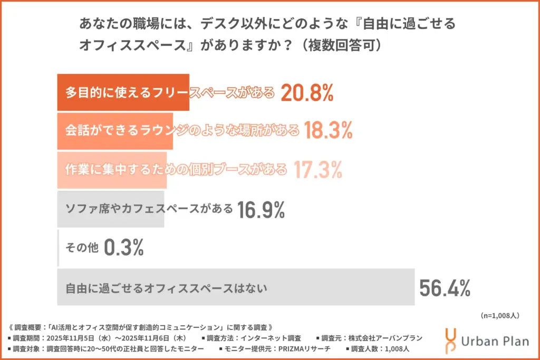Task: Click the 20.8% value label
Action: pyautogui.click(x=306, y=93)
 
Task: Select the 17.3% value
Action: pyautogui.click(x=318, y=170)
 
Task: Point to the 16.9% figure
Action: pyautogui.click(x=261, y=209)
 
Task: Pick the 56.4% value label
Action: pyautogui.click(x=445, y=288)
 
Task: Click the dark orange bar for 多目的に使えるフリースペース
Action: pyautogui.click(x=123, y=93)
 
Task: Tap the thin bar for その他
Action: pyautogui.click(x=58, y=248)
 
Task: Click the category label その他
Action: pyautogui.click(x=82, y=248)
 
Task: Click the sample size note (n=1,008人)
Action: pyautogui.click(x=500, y=316)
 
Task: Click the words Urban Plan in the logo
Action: pyautogui.click(x=495, y=342)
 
